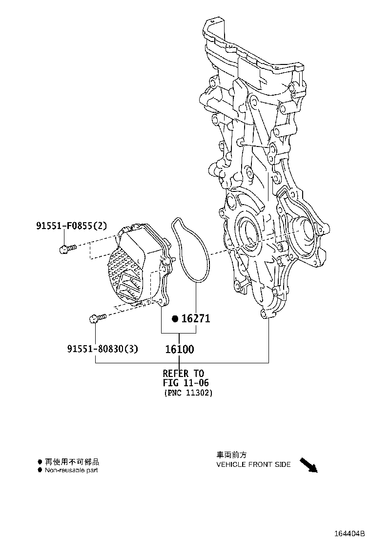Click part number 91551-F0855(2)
click(x=72, y=226)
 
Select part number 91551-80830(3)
click(x=103, y=348)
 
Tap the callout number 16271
click(x=196, y=318)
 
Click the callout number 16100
click(x=180, y=349)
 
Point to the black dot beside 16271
click(x=175, y=318)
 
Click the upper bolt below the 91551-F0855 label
click(x=68, y=249)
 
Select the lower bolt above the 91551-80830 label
click(x=98, y=318)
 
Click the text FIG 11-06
click(x=186, y=383)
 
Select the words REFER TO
click(x=184, y=373)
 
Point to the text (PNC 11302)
click(x=188, y=393)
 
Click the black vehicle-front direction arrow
click(x=309, y=465)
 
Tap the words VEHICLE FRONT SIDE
click(x=254, y=464)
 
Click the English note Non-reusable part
click(x=71, y=470)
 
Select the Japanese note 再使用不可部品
click(x=72, y=461)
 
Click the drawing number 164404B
click(x=350, y=534)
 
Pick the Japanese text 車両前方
click(x=231, y=455)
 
